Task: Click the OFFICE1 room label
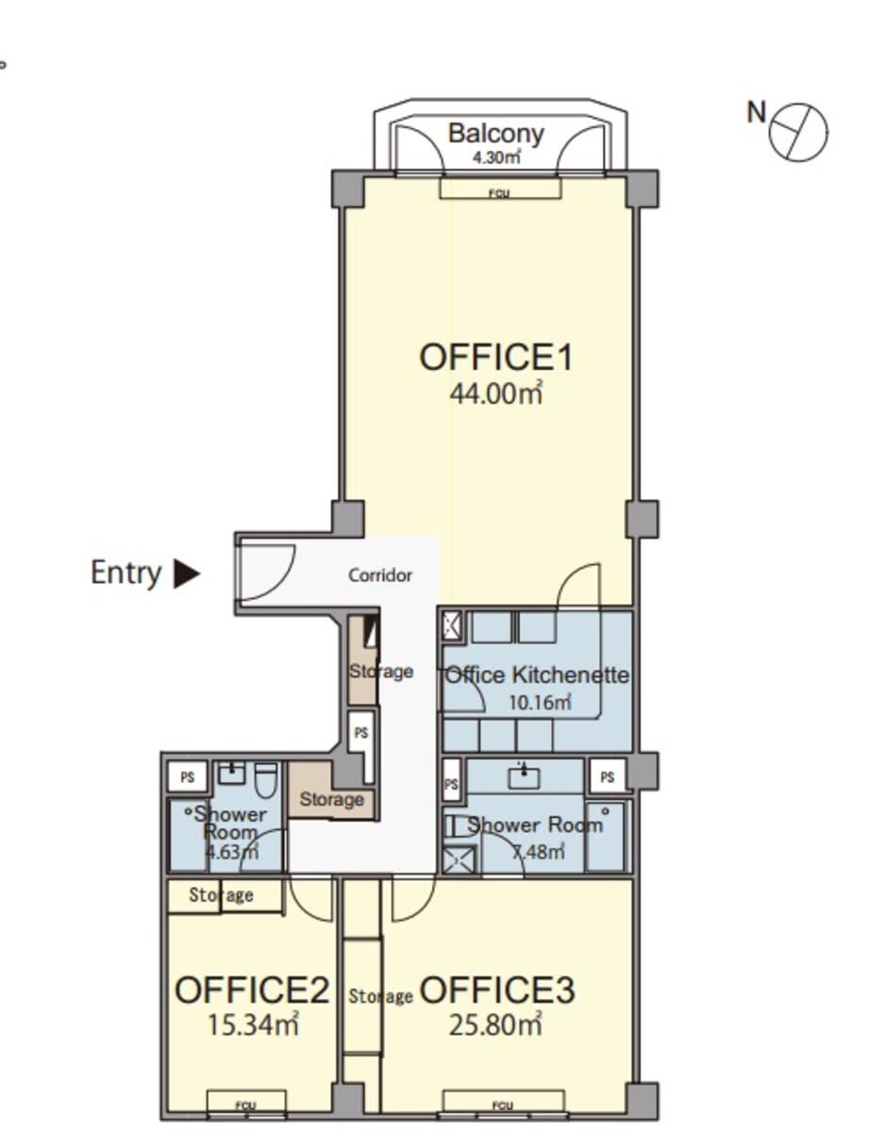496,358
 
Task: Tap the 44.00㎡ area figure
496,393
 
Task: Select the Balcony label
495,133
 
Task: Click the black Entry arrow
188,574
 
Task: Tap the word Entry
126,574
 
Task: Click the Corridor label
380,575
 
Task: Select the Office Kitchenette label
537,675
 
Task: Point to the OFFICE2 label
252,990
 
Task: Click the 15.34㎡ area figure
253,1024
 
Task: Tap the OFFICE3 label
497,990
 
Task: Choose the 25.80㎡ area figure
495,1024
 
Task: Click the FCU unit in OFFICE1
500,189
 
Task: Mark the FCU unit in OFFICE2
246,1102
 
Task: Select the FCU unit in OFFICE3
503,1102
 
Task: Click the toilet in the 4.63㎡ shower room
266,780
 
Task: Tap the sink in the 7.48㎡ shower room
525,777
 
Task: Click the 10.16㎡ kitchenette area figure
541,702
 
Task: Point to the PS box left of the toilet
188,777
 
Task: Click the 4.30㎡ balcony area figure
495,157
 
